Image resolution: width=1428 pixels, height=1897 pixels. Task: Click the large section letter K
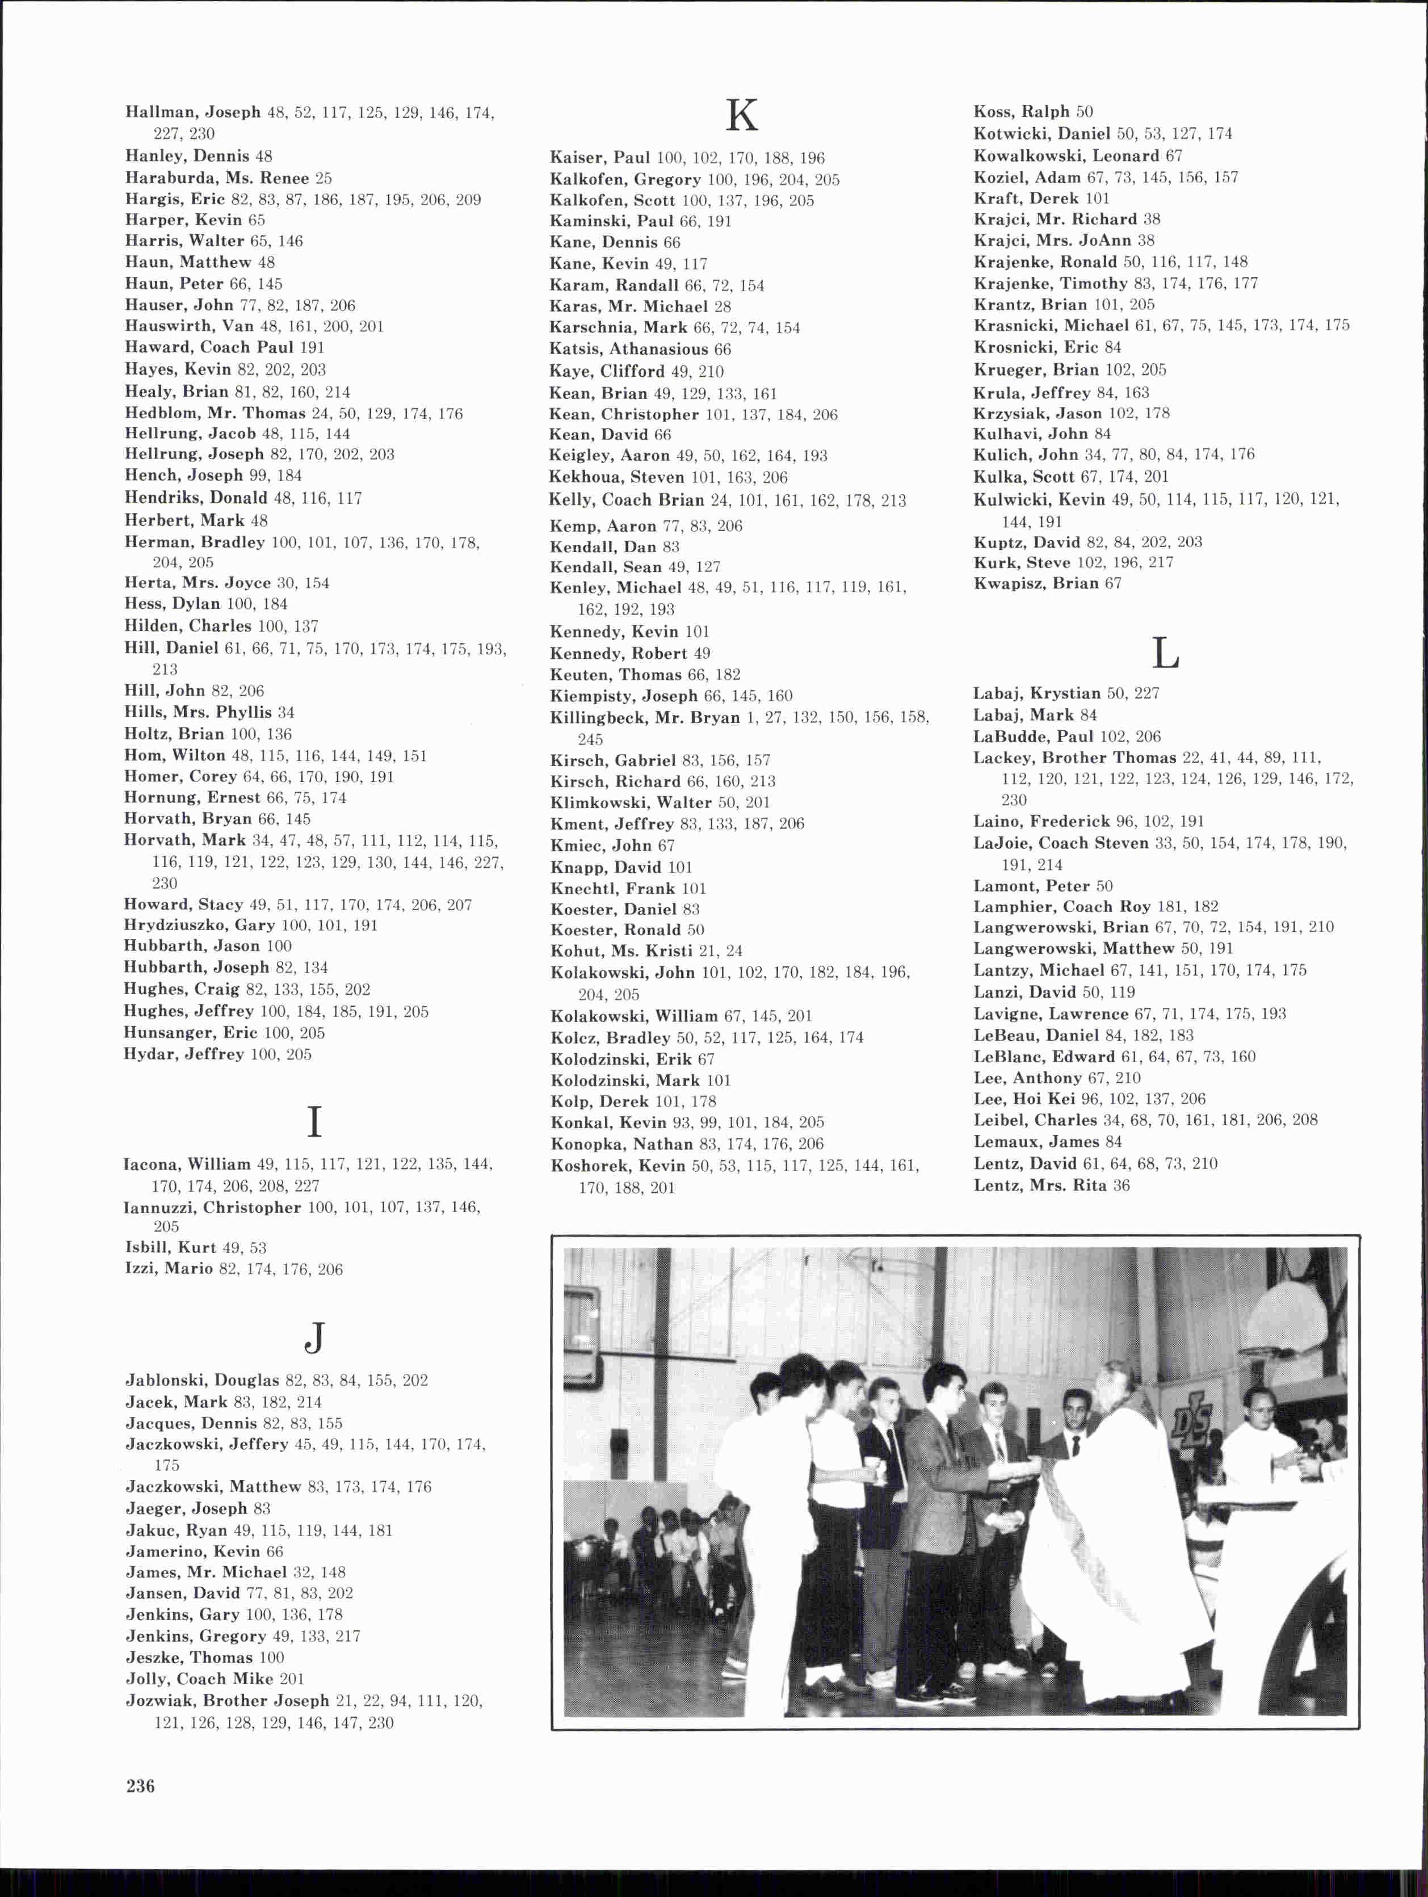pyautogui.click(x=742, y=116)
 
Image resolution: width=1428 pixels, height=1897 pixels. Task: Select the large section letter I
pyautogui.click(x=314, y=1122)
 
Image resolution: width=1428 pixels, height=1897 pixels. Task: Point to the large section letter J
pyautogui.click(x=316, y=1336)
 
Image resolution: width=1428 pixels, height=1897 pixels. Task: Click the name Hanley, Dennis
pyautogui.click(x=187, y=156)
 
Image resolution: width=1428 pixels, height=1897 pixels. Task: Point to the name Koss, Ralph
pyautogui.click(x=1022, y=111)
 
